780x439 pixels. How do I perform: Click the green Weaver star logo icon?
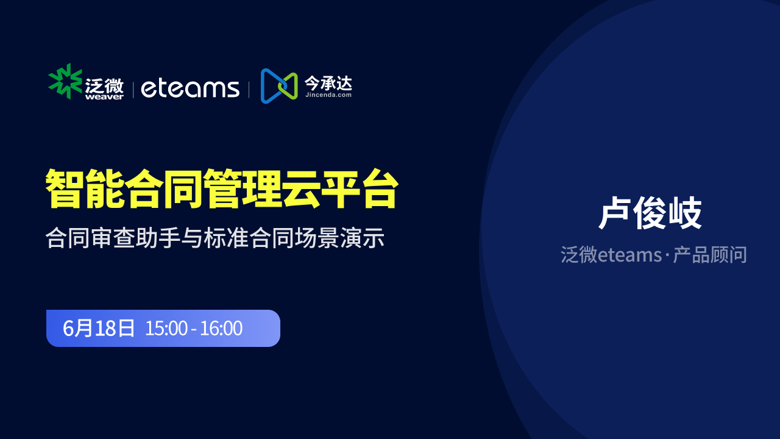65,81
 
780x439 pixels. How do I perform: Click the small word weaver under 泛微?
104,97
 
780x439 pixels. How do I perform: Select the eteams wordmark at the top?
190,88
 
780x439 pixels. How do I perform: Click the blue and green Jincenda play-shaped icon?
279,86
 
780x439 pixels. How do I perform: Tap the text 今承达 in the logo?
328,84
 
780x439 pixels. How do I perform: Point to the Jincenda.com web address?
328,95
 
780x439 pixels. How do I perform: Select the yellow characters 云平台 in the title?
341,188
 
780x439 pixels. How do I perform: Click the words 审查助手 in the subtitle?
135,238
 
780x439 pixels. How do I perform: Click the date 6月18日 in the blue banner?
99,328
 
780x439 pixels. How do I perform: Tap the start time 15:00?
166,328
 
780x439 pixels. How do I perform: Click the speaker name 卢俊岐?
650,213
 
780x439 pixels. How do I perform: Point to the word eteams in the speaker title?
629,255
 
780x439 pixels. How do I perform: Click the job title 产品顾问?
710,255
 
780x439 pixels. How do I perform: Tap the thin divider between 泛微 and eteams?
133,90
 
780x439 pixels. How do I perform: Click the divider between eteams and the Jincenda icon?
249,90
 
